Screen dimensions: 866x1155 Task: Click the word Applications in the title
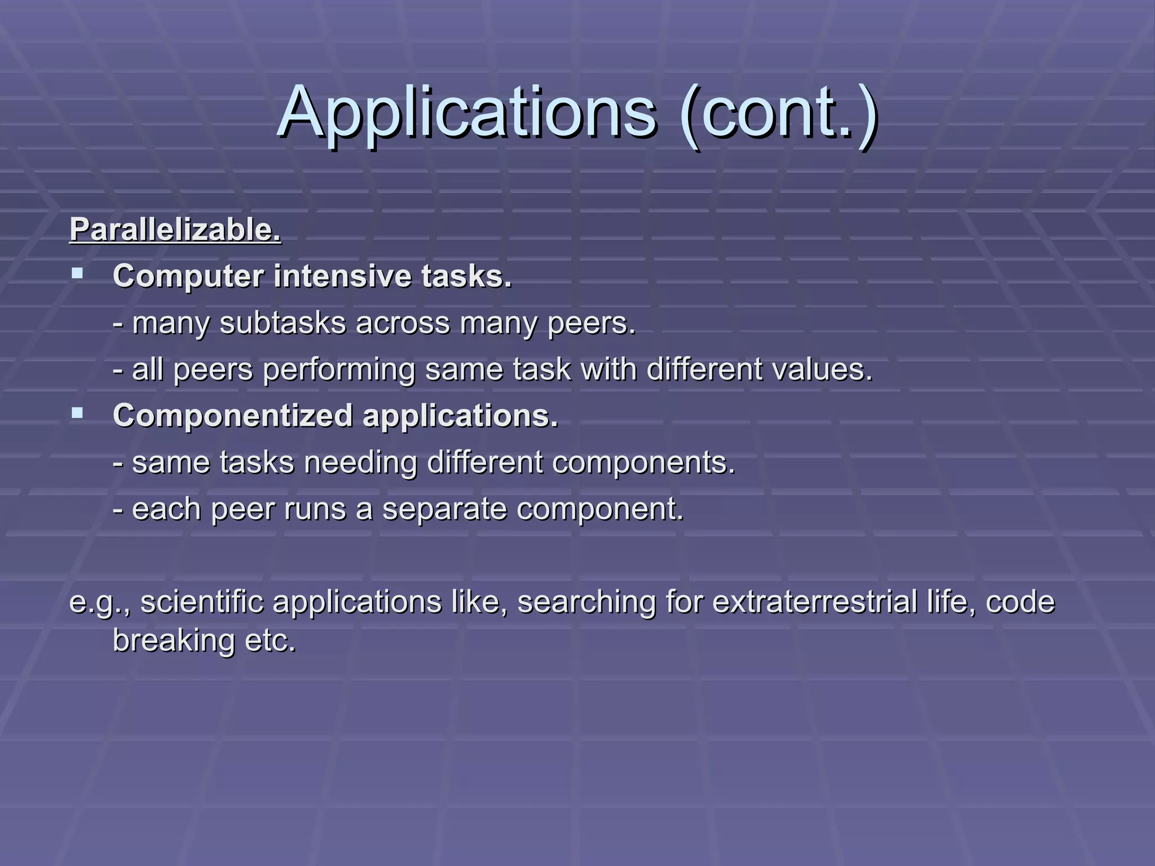(x=467, y=113)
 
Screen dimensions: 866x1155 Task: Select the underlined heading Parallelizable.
(x=175, y=230)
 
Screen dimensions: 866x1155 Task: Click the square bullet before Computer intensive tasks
(x=77, y=275)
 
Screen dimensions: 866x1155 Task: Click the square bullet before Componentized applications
(x=77, y=414)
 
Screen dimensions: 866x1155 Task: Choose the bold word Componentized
(x=232, y=416)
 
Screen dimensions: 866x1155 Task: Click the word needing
(x=361, y=463)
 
